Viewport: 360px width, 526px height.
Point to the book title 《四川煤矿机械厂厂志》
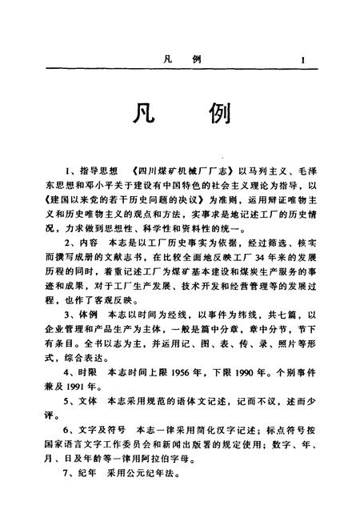[174, 171]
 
